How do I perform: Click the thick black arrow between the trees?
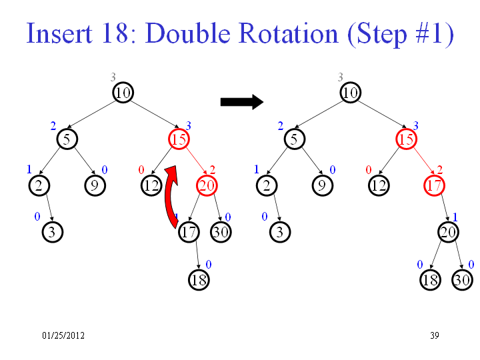tap(242, 102)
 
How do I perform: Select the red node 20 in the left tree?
tap(207, 185)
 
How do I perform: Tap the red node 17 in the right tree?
tap(435, 185)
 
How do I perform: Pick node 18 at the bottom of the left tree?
tap(199, 280)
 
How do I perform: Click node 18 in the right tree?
tap(431, 280)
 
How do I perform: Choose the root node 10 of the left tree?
tap(123, 93)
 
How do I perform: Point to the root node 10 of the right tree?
tap(351, 93)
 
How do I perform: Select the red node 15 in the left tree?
tap(179, 139)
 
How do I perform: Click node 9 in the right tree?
tap(323, 185)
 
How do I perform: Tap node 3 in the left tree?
tap(53, 232)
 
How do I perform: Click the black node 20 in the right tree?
tap(448, 232)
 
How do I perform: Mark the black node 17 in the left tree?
tap(189, 232)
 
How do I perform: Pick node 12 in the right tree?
tap(379, 185)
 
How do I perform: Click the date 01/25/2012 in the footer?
tap(63, 335)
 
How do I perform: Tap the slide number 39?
tap(435, 335)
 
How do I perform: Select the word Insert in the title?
tap(59, 33)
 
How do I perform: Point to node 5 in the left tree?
tap(67, 139)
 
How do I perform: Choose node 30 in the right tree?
tap(462, 280)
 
